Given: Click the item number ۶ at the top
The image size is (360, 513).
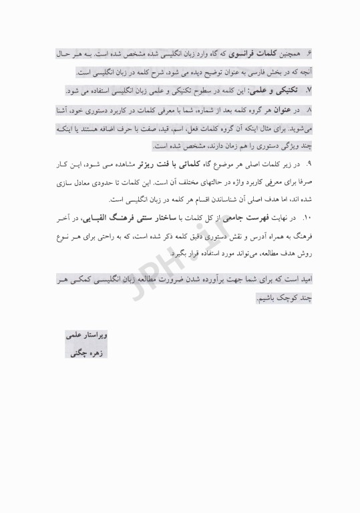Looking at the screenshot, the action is pyautogui.click(x=309, y=53).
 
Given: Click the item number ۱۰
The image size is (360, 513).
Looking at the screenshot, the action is pyautogui.click(x=307, y=218).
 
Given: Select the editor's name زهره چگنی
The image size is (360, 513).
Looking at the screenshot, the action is pyautogui.click(x=85, y=352).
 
